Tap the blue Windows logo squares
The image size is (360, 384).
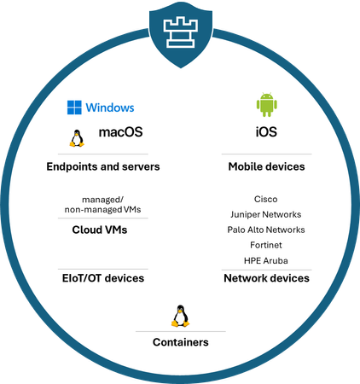(x=75, y=108)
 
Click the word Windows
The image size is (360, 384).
(x=110, y=108)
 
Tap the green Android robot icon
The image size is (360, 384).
(x=266, y=106)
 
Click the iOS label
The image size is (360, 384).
(x=266, y=133)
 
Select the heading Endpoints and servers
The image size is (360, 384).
(x=102, y=166)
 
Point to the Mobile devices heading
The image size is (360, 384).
(x=266, y=166)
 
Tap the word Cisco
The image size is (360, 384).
(x=266, y=198)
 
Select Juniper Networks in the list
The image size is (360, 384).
(x=266, y=214)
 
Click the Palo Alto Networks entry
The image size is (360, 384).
(x=266, y=230)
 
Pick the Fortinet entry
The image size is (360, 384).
(x=266, y=245)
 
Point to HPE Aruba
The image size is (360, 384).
(x=266, y=260)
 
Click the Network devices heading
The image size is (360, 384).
(x=266, y=278)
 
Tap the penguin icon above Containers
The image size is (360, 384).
(x=179, y=317)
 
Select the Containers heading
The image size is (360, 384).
(x=180, y=342)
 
